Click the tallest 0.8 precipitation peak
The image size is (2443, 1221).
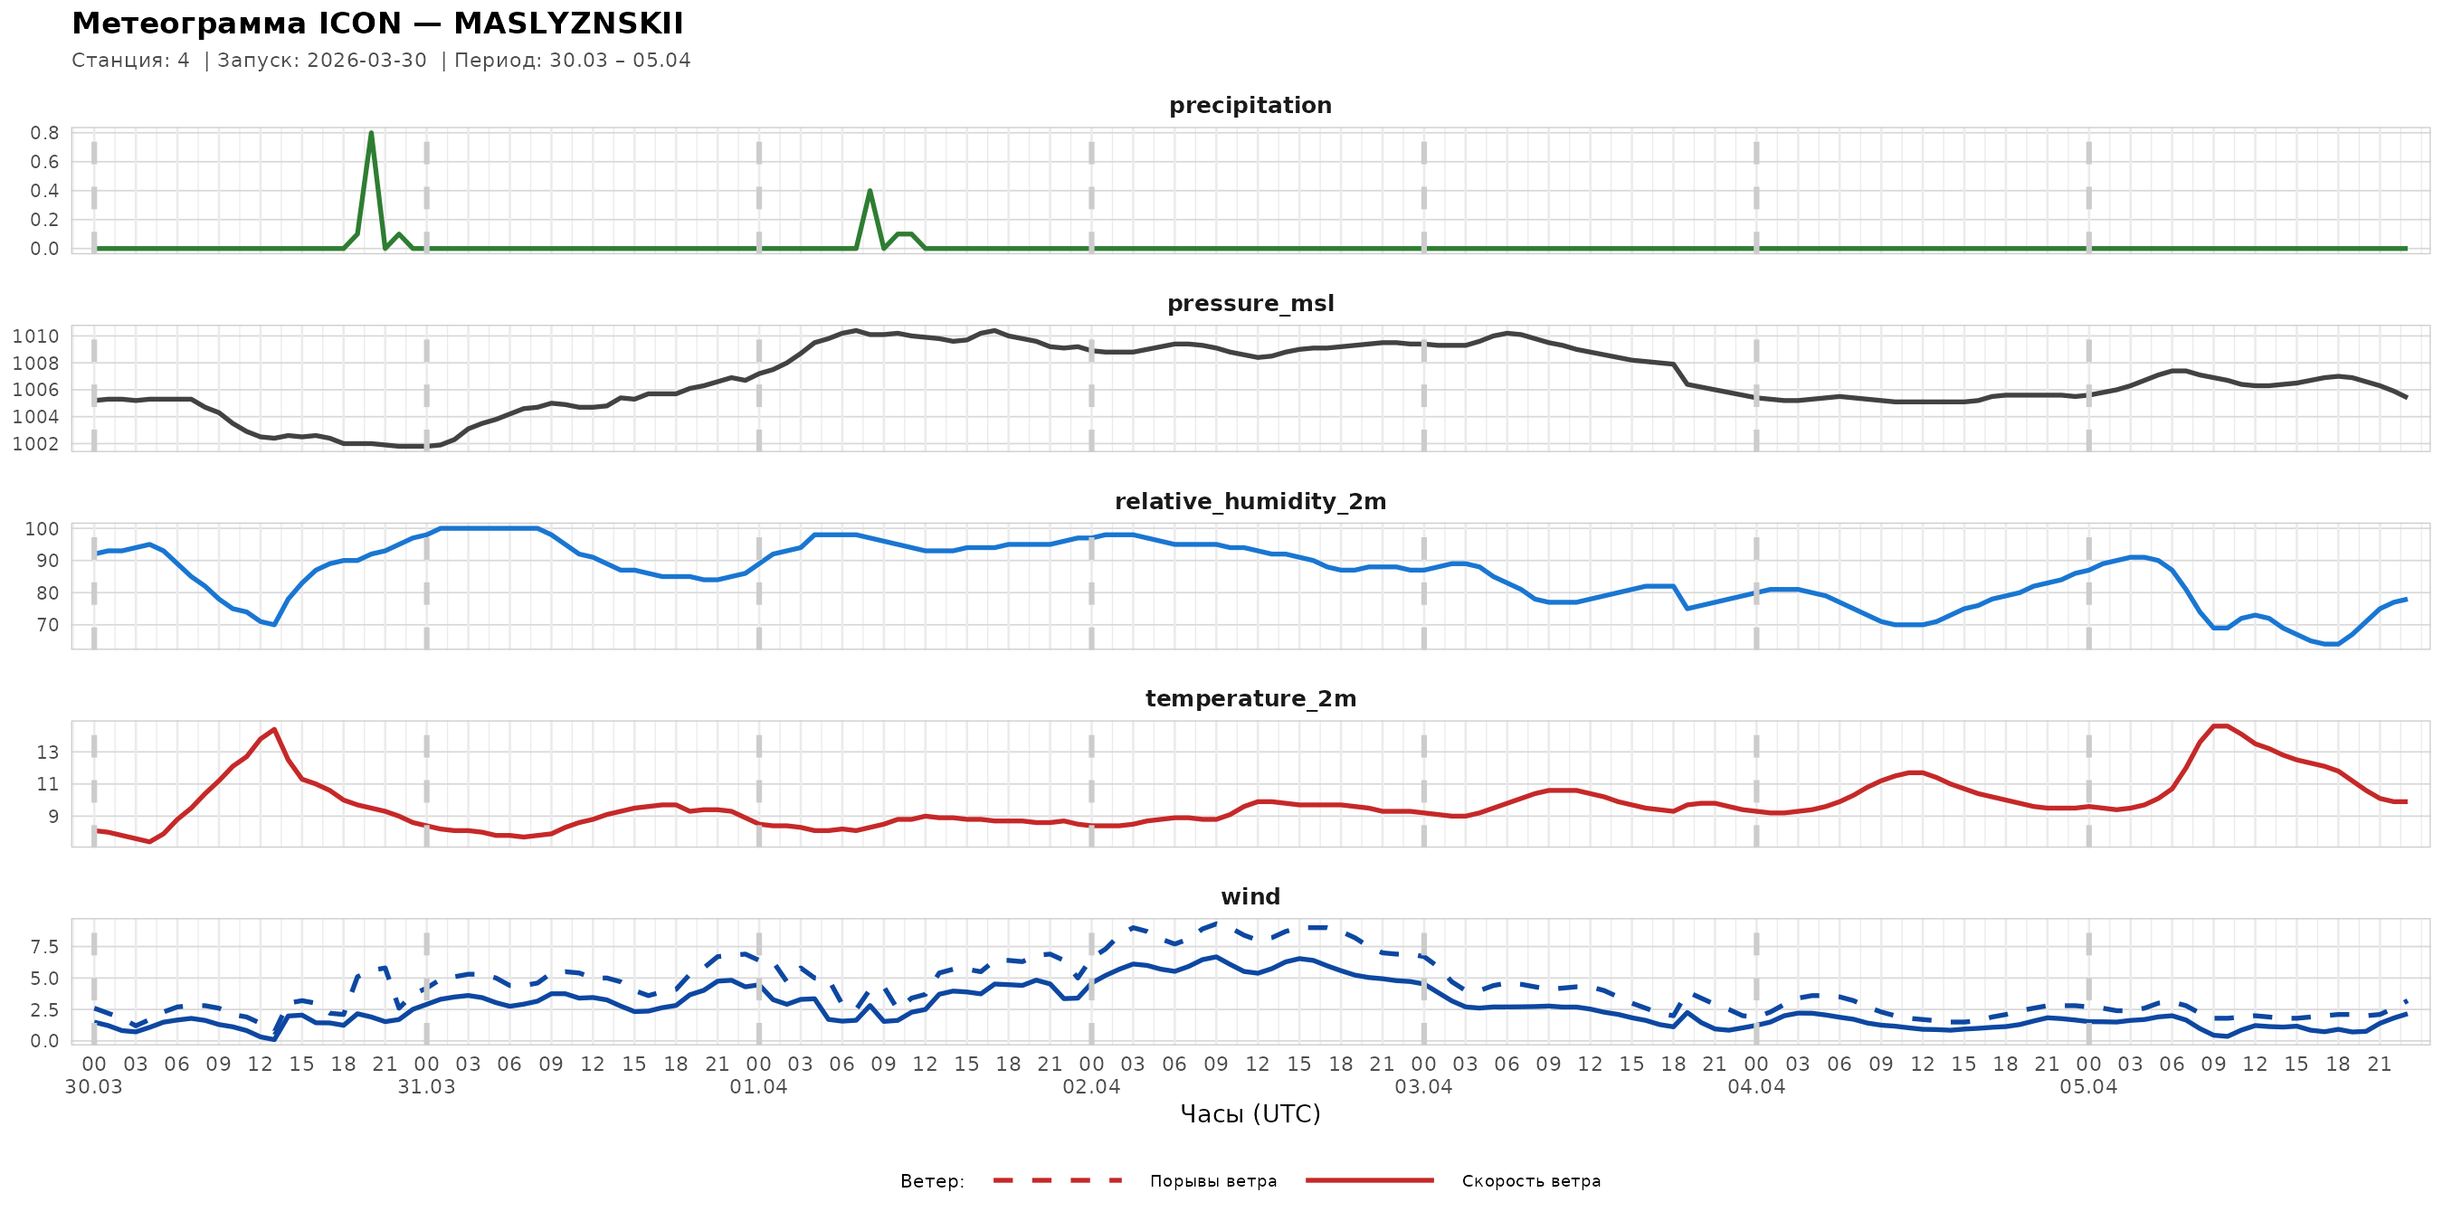tap(371, 133)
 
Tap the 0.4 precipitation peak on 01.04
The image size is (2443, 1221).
tap(870, 192)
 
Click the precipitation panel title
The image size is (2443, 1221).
tap(1250, 105)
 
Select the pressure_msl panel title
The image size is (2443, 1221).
tap(1250, 303)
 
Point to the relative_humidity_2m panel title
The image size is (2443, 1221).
tap(1250, 501)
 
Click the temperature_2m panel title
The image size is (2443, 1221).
tap(1250, 698)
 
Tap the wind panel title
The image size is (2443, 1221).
tap(1250, 897)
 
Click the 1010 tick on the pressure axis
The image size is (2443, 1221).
tap(35, 336)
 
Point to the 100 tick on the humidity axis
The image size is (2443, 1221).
tap(42, 529)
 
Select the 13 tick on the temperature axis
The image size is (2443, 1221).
tap(47, 752)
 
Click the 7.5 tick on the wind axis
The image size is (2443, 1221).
tap(43, 947)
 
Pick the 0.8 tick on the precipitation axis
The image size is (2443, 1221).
tap(43, 133)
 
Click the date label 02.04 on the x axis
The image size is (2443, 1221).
tap(1090, 1087)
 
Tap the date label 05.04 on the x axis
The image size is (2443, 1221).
tap(2088, 1087)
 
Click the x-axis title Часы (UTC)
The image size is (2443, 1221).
tap(1250, 1114)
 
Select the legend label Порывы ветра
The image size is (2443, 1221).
tap(1213, 1181)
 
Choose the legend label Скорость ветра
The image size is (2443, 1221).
tap(1531, 1181)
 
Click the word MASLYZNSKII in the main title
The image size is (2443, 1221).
tap(568, 24)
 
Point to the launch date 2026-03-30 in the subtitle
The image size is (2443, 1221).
tap(367, 61)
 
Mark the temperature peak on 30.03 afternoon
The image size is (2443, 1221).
tap(274, 729)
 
